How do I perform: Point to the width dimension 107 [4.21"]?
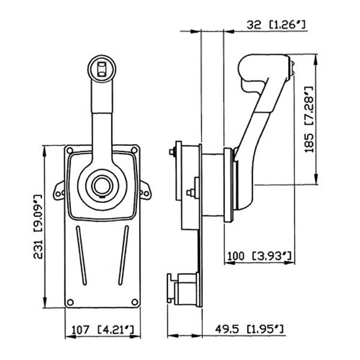(103, 329)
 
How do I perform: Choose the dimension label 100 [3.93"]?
(259, 257)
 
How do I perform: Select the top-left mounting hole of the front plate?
(71, 150)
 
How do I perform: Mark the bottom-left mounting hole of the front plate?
(71, 302)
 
